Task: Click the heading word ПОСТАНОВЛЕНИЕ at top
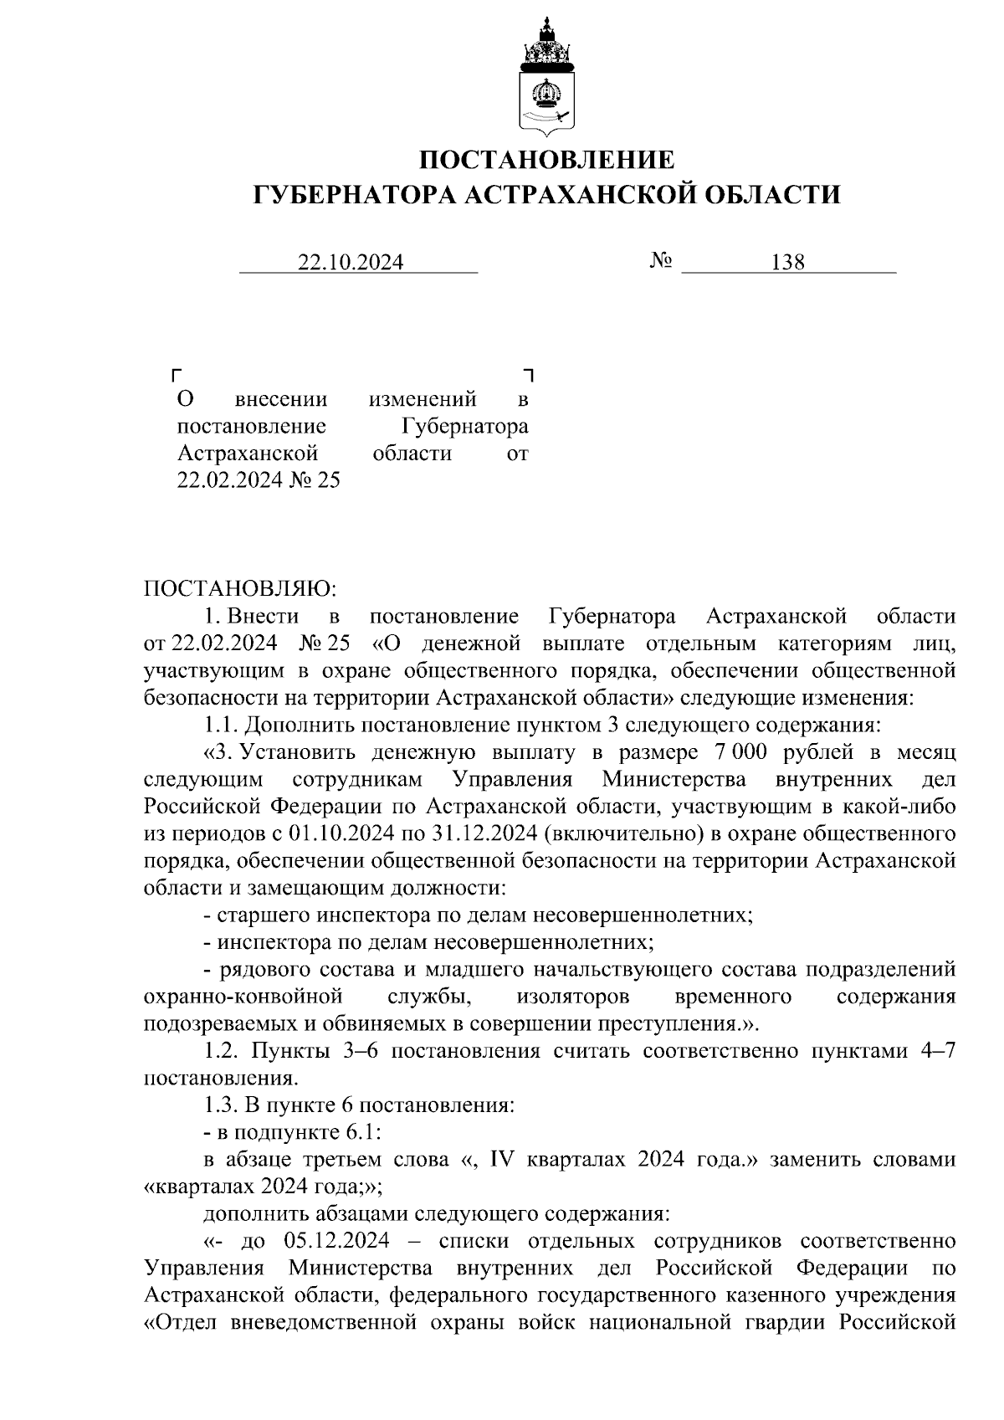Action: tap(546, 160)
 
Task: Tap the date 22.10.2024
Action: tap(351, 263)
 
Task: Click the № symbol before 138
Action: tap(660, 261)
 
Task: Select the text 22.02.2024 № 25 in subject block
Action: tap(258, 481)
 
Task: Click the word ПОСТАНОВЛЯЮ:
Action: tap(239, 590)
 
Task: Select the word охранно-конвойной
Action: tap(243, 997)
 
